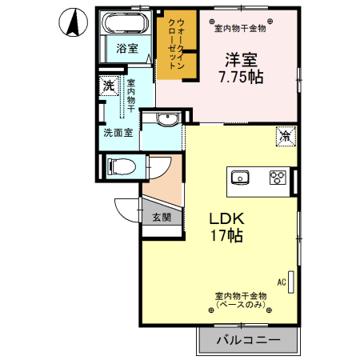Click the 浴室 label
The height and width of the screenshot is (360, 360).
[x=127, y=48]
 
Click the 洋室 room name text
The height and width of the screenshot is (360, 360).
[x=240, y=59]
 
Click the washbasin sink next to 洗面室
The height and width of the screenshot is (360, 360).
[x=166, y=120]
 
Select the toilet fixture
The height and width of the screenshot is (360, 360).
[x=120, y=167]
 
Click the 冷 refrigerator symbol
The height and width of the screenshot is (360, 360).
[x=285, y=136]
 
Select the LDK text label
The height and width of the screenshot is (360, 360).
[x=226, y=218]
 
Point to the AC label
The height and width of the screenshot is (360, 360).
[x=282, y=282]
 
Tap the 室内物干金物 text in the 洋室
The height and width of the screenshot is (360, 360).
[x=240, y=29]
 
